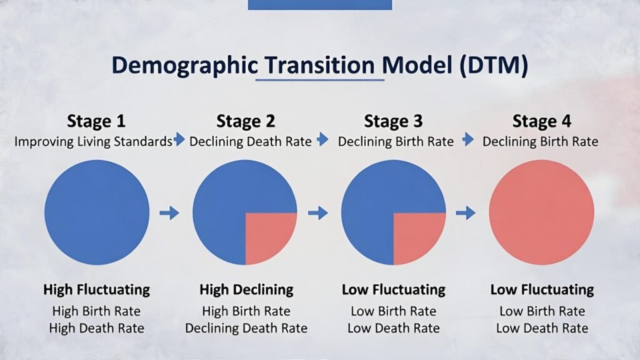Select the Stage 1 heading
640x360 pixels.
(96, 121)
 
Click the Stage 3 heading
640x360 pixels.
(393, 121)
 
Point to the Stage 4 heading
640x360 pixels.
(541, 121)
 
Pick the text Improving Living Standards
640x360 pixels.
(93, 141)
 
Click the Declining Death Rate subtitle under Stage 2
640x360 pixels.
(250, 141)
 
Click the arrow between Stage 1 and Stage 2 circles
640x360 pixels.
(169, 213)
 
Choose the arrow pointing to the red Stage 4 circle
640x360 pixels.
(466, 213)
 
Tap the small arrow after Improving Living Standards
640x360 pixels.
(179, 140)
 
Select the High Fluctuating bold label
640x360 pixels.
(96, 289)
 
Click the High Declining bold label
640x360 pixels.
(246, 289)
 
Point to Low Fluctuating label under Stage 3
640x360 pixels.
(393, 289)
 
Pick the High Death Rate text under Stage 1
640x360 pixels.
(97, 327)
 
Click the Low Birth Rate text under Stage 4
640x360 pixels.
(542, 311)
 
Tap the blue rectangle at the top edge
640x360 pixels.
(319, 4)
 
